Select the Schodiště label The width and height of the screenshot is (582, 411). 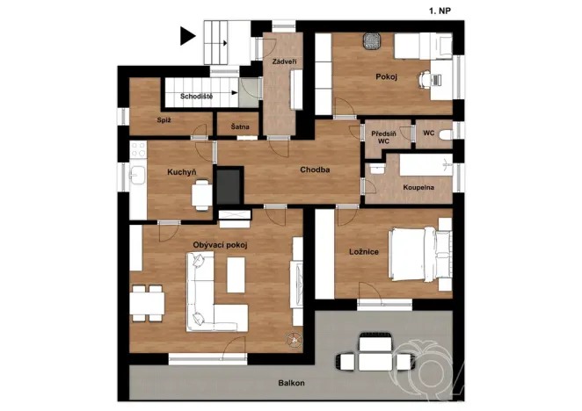pos(195,95)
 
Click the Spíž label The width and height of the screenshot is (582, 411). pos(164,119)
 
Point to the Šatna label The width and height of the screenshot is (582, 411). pos(239,127)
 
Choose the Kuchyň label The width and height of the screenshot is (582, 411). pos(181,172)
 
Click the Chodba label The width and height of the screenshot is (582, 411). pos(314,169)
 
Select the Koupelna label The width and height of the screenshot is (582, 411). pos(418,188)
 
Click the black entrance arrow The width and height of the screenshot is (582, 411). pos(186,36)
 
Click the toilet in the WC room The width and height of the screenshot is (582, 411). pos(445,133)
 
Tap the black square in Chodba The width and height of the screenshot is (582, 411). pos(229,184)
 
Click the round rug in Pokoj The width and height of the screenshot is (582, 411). pos(371,42)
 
